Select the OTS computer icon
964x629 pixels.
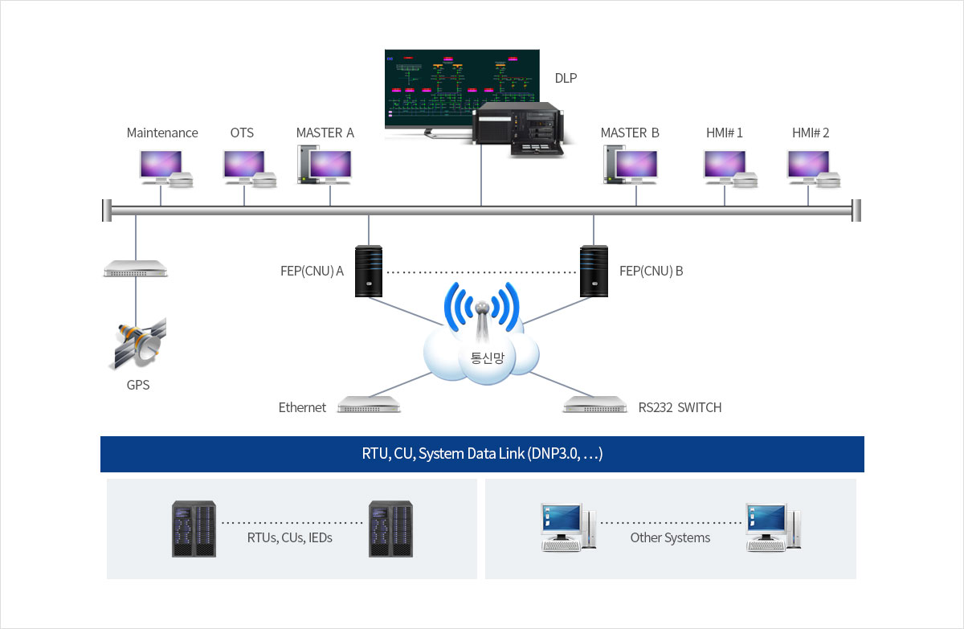[244, 166]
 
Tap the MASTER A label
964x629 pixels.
[325, 133]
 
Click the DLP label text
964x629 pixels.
[566, 78]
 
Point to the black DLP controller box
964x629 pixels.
[517, 128]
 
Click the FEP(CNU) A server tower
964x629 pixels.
[369, 271]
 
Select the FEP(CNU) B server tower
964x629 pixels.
[594, 271]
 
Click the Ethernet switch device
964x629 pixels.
[369, 405]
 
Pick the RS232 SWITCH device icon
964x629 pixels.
[594, 405]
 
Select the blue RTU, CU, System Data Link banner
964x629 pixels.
[482, 454]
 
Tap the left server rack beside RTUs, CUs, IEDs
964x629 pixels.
[194, 529]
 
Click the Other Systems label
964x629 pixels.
[670, 537]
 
